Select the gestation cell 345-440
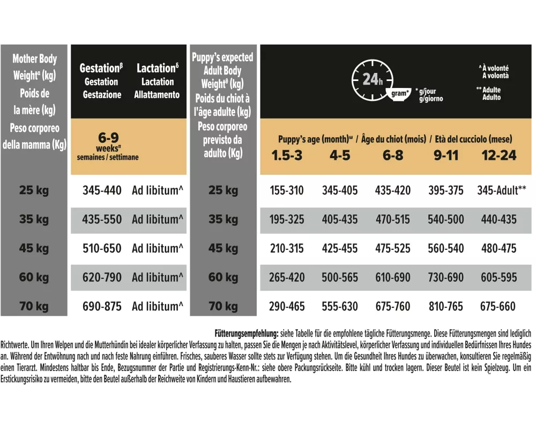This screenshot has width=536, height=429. pos(102,190)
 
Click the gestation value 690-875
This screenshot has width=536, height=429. pos(102,307)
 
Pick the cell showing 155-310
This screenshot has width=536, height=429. pos(287,190)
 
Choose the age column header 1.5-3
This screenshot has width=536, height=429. pos(287,156)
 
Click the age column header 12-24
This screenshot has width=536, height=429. pos(498,156)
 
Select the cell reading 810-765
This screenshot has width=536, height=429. pos(446,307)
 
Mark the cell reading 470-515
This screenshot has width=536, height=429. pos(393,219)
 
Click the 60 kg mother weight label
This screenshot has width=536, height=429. pos(34,277)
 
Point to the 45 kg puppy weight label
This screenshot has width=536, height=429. pos(223,248)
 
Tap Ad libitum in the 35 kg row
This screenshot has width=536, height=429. pos(158,219)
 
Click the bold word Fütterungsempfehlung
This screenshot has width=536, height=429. pos(246,332)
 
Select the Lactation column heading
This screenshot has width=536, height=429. pos(158,69)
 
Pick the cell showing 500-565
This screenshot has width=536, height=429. pos(339,277)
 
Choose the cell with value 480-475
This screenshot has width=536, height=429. pos(498,248)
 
